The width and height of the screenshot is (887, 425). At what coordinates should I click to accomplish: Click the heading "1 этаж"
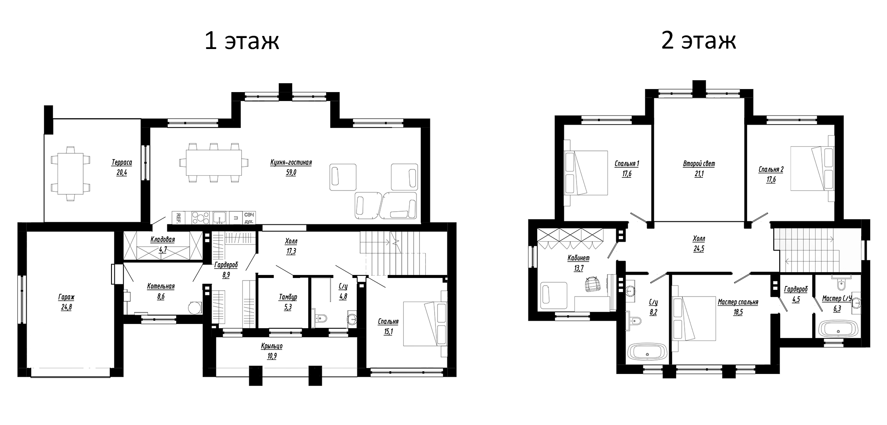pyautogui.click(x=242, y=41)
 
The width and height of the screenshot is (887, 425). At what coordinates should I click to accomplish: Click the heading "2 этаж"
pyautogui.click(x=699, y=41)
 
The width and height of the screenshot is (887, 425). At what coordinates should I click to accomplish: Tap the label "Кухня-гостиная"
pyautogui.click(x=291, y=163)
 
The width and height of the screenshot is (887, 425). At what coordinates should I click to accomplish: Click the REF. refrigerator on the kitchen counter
pyautogui.click(x=178, y=218)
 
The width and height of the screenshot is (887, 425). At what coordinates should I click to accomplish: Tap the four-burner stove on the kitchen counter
pyautogui.click(x=201, y=218)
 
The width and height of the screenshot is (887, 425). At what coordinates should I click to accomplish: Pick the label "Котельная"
pyautogui.click(x=161, y=286)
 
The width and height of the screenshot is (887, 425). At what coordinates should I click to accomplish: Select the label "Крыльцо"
pyautogui.click(x=271, y=346)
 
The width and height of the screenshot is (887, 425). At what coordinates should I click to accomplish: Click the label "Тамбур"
pyautogui.click(x=288, y=297)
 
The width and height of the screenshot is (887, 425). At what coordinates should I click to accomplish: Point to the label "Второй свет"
pyautogui.click(x=699, y=163)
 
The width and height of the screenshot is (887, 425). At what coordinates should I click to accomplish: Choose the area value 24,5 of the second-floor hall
pyautogui.click(x=699, y=249)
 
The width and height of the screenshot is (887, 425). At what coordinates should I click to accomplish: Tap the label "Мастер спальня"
pyautogui.click(x=737, y=302)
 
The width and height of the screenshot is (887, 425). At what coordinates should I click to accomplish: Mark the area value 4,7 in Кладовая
pyautogui.click(x=163, y=250)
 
